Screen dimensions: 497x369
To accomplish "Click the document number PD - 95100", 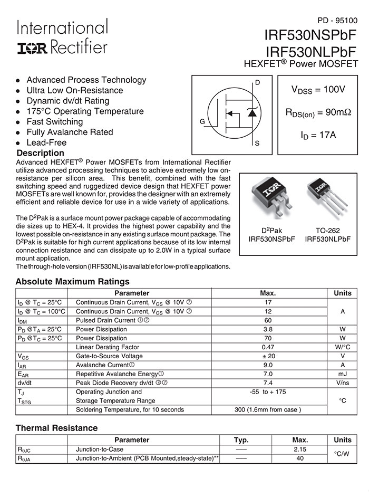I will point(337,21).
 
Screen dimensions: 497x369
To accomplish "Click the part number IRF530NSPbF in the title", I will point(311,36).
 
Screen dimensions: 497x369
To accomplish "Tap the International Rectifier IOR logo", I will point(33,49).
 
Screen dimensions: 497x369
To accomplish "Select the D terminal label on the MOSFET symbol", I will point(258,83).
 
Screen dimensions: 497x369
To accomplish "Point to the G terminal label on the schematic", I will point(202,122).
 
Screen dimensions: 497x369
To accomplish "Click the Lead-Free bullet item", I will point(46,142).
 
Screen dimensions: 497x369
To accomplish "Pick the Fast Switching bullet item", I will point(54,122).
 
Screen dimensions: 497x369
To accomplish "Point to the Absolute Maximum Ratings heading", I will point(72,282).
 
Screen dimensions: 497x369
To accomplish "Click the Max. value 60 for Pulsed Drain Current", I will point(268,320).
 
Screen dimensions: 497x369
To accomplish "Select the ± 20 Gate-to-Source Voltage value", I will point(268,356).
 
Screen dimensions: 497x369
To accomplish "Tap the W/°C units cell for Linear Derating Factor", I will point(342,347).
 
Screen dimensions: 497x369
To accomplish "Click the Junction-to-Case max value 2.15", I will point(299,450).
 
